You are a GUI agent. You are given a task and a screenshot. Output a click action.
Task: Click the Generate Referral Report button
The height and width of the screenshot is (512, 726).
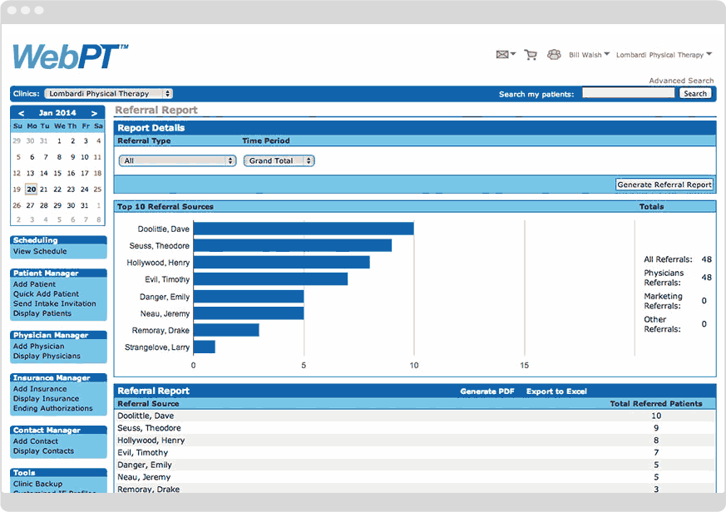664,185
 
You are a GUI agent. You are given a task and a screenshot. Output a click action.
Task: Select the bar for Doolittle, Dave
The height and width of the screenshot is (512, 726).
304,229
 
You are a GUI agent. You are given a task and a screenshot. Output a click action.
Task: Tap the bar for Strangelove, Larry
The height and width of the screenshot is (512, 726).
205,347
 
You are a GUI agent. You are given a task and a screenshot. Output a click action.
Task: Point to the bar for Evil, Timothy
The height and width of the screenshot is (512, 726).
270,279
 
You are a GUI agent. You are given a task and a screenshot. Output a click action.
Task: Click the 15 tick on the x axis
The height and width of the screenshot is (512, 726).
524,365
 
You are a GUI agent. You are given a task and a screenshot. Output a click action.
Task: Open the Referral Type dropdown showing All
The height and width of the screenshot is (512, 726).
177,160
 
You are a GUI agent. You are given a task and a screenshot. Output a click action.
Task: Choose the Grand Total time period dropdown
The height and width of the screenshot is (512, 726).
279,160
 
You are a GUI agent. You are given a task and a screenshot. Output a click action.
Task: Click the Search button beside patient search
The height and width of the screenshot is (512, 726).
695,94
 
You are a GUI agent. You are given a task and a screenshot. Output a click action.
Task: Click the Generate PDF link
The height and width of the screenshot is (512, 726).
488,391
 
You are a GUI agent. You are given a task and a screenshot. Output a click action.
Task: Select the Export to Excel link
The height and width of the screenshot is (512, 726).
556,391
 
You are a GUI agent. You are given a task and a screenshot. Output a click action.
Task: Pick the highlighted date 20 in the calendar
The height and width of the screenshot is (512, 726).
31,189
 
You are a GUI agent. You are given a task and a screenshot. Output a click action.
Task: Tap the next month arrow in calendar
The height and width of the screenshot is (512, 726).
95,113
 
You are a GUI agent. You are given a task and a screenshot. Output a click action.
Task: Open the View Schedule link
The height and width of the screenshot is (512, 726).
40,251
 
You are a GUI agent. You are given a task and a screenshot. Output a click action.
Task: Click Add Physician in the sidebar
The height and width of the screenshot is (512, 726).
38,346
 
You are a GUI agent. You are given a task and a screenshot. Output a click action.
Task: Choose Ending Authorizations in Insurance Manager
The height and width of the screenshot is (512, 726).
52,408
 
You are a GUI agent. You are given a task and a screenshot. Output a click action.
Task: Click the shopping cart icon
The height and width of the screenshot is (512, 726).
530,55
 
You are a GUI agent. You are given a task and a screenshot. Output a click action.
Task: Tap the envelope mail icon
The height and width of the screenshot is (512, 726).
502,55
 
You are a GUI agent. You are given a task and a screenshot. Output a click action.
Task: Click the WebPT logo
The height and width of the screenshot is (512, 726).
70,57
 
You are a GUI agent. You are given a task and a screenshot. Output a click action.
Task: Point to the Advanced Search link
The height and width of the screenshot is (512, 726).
681,81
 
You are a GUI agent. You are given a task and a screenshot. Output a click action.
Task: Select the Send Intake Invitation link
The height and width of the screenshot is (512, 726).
54,303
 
